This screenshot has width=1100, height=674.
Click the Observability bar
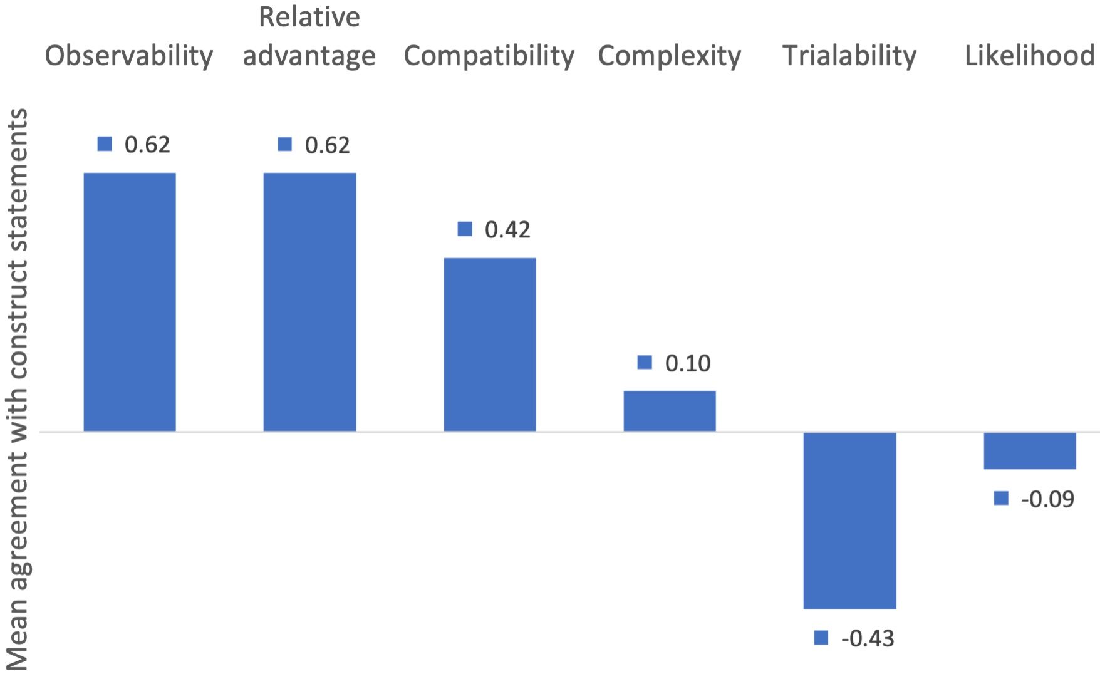(130, 302)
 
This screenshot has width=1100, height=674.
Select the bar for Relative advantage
(309, 302)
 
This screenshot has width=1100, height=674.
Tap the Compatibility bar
(490, 345)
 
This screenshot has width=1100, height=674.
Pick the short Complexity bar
(670, 411)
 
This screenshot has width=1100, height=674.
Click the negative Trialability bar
(849, 520)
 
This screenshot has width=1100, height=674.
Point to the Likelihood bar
(1030, 450)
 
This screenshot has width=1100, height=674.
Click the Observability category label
(129, 56)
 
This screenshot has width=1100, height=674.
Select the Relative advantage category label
(309, 38)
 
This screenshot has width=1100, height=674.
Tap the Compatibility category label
(489, 56)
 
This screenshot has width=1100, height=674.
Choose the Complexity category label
(670, 56)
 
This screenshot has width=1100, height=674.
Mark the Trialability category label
(849, 56)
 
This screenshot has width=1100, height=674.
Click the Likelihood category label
(1030, 56)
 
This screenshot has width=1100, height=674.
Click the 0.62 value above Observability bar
(147, 145)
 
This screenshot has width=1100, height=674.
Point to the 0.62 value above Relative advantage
(327, 145)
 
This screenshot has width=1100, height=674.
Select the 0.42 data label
(507, 230)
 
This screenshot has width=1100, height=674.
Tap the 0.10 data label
(688, 363)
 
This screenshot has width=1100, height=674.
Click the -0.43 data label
(868, 638)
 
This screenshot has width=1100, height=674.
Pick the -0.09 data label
(1047, 499)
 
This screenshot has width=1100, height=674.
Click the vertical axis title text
(17, 388)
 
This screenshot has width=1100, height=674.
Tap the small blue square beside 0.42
(465, 229)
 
